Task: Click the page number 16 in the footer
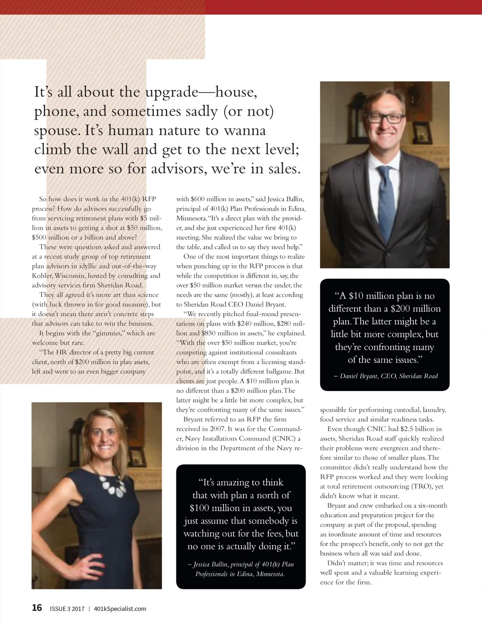coord(37,608)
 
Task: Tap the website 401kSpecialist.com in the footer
coord(120,609)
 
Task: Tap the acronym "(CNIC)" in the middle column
coord(284,438)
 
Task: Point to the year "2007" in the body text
coord(217,429)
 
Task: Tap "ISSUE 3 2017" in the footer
coord(67,609)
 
